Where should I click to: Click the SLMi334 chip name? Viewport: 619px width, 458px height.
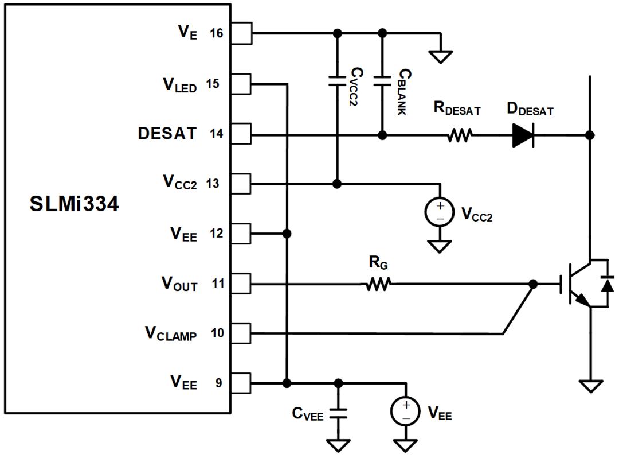74,204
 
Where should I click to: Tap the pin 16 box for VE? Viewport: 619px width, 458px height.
241,33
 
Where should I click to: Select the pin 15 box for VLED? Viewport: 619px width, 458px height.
241,84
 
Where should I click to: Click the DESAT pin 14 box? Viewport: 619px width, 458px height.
241,134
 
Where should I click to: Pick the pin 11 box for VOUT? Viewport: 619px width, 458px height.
241,284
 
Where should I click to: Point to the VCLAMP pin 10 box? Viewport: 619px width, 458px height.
241,333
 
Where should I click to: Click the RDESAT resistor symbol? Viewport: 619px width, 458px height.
460,135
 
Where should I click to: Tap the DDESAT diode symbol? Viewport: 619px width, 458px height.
523,135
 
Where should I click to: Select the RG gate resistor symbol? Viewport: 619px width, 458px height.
379,284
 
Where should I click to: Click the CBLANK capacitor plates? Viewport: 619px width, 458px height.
382,80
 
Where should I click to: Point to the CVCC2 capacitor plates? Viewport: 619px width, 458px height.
337,80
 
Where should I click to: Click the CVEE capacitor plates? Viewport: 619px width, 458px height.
338,414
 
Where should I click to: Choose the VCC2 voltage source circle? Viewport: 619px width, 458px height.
440,212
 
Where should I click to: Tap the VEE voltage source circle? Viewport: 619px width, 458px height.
405,411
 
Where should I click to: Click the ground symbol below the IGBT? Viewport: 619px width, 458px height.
590,386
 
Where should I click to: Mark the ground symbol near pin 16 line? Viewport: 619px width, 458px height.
441,57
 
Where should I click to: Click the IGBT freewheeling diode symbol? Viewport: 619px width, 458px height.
607,284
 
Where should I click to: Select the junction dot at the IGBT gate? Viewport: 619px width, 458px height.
533,284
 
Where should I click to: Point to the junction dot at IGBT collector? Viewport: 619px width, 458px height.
590,135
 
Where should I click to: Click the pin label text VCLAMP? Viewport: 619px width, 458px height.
171,333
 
